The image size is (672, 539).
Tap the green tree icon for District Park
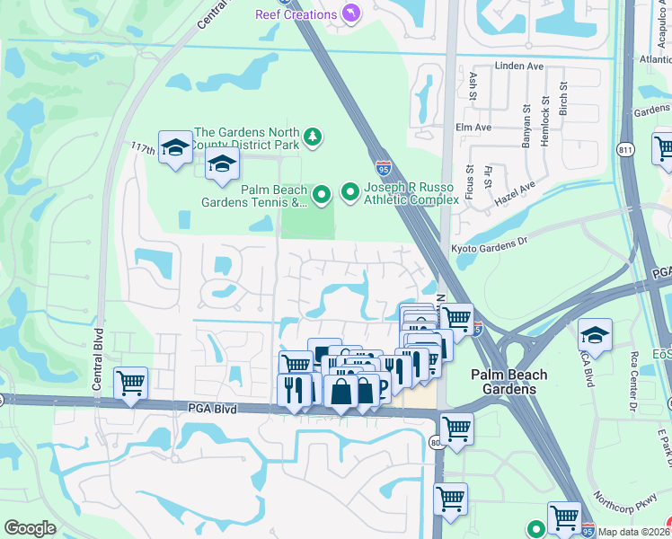[x=313, y=137]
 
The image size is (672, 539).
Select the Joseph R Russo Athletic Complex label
[x=411, y=192]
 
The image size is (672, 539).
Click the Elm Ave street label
[x=473, y=128]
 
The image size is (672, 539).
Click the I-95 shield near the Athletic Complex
[x=384, y=167]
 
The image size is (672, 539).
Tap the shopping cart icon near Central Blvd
[x=131, y=384]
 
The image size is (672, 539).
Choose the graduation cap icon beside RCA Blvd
[x=594, y=335]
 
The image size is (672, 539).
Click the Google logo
[x=30, y=528]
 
